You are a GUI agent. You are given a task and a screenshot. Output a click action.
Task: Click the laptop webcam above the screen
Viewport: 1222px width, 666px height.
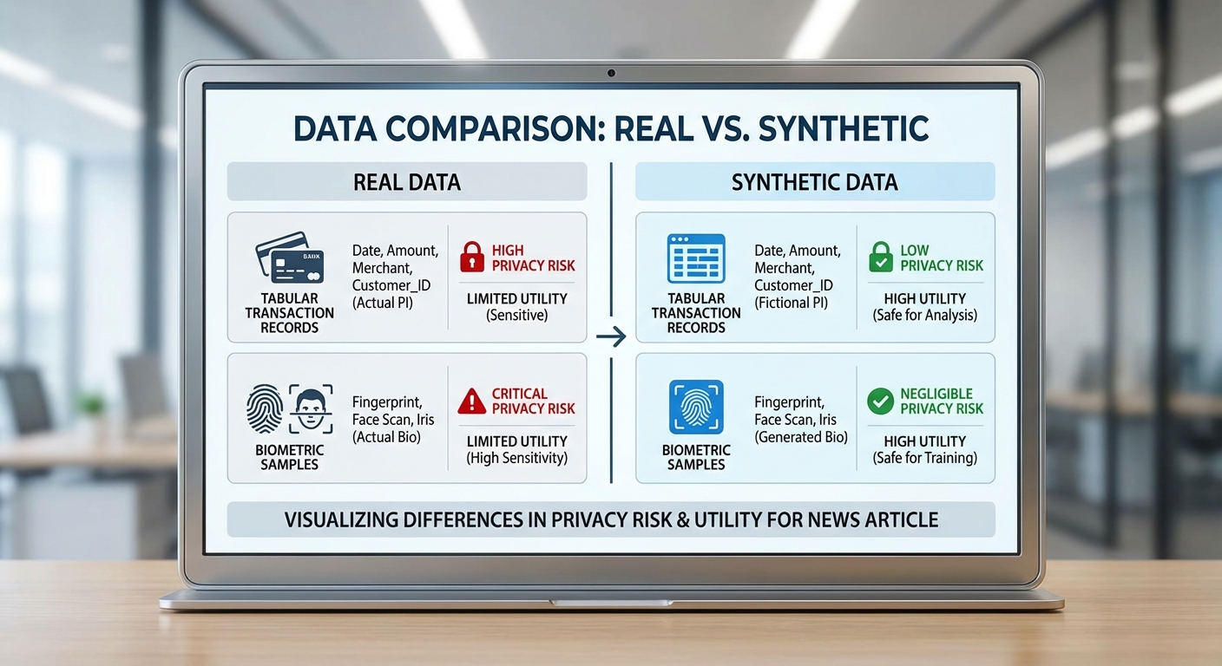click(x=611, y=73)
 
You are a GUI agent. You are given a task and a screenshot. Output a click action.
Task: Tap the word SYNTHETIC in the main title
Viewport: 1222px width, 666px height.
click(x=844, y=128)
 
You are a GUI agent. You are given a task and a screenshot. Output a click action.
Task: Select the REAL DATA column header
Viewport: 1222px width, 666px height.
click(x=407, y=182)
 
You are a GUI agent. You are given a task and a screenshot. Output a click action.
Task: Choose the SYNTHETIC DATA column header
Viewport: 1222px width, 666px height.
click(x=815, y=182)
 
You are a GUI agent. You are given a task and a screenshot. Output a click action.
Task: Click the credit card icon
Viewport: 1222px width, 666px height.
click(x=290, y=258)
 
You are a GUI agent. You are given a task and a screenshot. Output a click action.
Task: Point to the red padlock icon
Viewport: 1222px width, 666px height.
click(x=472, y=257)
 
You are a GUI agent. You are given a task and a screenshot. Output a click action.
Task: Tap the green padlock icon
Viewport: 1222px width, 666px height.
click(x=881, y=257)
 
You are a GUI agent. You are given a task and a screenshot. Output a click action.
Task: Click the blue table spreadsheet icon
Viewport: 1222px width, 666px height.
click(x=696, y=258)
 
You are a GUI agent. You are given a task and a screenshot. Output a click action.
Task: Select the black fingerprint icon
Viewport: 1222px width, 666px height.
click(x=265, y=408)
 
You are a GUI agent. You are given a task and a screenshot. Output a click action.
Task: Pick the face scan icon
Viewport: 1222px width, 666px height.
click(x=311, y=408)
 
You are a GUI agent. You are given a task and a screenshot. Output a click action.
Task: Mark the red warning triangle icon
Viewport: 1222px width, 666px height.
click(x=472, y=402)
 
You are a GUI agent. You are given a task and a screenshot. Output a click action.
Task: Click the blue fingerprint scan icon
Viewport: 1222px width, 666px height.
click(x=696, y=407)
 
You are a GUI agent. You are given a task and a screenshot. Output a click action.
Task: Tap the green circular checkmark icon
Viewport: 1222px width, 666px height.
click(x=881, y=402)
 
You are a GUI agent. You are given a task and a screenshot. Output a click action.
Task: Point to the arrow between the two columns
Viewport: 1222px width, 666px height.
click(x=611, y=336)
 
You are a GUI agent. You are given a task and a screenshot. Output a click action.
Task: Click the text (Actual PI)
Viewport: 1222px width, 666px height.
click(x=383, y=303)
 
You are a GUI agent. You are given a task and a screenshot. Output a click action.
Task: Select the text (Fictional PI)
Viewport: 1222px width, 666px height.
click(x=791, y=303)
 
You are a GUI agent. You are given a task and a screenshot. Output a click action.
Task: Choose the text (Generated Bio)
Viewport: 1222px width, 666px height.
click(x=801, y=437)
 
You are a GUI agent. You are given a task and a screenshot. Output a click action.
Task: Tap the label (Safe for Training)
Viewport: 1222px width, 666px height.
click(x=924, y=458)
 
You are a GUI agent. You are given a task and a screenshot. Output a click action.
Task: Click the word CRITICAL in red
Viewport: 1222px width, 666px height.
click(x=519, y=394)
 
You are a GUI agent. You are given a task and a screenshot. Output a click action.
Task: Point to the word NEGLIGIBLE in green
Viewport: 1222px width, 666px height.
click(x=936, y=394)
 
